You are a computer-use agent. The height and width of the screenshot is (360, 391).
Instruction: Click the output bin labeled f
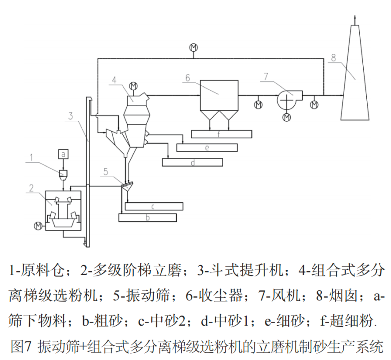(222, 134)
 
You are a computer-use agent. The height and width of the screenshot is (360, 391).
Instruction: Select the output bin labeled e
(207, 147)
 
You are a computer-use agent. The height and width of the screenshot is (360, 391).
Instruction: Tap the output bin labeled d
(192, 162)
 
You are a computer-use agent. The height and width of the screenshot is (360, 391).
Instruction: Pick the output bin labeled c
(154, 206)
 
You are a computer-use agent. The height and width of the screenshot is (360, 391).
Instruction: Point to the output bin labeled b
(147, 217)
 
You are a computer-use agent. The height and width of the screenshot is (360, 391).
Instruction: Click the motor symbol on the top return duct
(193, 47)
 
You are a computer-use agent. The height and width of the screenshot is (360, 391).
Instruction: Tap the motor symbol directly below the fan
(287, 117)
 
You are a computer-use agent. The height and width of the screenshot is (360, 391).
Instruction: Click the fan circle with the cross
(287, 99)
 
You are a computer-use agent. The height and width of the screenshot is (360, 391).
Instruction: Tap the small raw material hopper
(64, 173)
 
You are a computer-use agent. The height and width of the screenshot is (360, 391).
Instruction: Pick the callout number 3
(71, 115)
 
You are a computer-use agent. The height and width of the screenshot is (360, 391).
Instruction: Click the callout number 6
(187, 78)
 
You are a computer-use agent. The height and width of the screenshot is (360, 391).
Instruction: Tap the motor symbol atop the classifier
(133, 86)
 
